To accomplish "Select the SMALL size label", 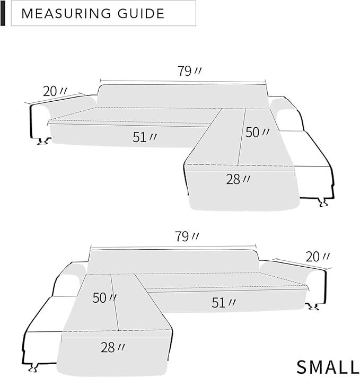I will [x=327, y=366].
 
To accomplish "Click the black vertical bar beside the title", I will [x=3, y=13].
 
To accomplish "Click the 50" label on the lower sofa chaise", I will [x=104, y=298].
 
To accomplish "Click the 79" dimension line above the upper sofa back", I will [x=182, y=82].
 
